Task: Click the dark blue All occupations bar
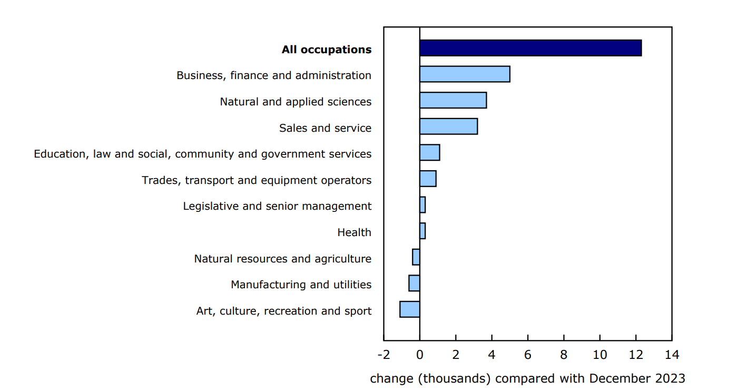(530, 48)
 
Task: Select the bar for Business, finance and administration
(465, 74)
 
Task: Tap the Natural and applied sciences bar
(453, 100)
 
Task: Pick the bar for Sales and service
(448, 126)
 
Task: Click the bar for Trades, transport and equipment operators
(428, 179)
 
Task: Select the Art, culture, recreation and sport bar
(410, 309)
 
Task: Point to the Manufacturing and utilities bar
(414, 283)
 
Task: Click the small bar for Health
(422, 231)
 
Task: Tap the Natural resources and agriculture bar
(416, 257)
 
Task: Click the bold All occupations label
(326, 50)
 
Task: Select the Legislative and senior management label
(277, 206)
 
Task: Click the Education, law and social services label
(202, 154)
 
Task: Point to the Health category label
(354, 232)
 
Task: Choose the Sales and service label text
(325, 128)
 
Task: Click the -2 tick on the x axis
(383, 354)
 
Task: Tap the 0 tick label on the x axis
(420, 354)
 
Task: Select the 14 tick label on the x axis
(672, 354)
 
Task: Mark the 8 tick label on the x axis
(564, 354)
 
